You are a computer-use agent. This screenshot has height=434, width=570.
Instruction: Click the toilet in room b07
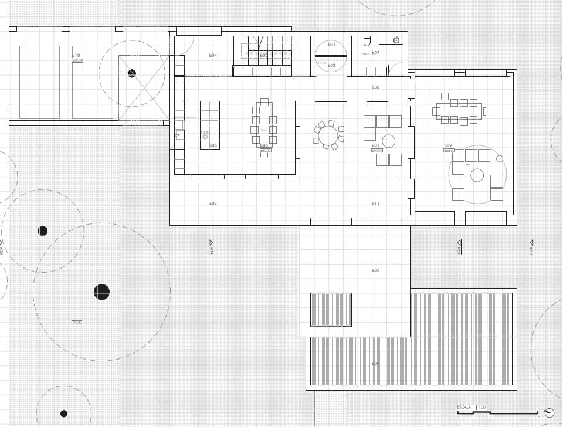pos(367,42)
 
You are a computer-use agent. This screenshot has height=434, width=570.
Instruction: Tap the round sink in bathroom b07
pos(396,40)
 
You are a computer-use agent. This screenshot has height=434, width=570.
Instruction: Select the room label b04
pos(213,55)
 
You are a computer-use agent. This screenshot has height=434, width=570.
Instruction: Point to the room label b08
pos(376,87)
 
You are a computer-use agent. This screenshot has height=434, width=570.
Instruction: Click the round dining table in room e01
pos(328,135)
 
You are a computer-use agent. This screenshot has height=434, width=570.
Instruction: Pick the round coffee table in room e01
pos(389,140)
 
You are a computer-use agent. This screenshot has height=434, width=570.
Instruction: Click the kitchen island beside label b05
pos(209,124)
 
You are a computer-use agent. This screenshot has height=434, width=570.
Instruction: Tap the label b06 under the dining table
pos(264,145)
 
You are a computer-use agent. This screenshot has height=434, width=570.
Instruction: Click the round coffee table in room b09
pos(477,175)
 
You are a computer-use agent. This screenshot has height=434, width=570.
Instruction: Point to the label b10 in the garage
pos(76,55)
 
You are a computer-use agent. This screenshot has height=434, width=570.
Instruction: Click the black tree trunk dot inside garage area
pos(131,73)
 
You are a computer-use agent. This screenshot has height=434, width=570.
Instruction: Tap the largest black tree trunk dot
pos(101,291)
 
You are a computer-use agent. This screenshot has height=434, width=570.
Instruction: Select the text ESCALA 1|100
pos(471,407)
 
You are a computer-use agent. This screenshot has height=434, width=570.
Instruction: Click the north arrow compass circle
pos(549,413)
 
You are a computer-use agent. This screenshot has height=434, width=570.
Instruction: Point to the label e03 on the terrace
pos(376,270)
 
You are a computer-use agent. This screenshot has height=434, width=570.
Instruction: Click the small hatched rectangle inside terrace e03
pos(331,309)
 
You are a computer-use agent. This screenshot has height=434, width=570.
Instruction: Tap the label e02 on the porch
pos(213,204)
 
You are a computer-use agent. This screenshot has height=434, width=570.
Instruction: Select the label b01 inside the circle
pos(331,45)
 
